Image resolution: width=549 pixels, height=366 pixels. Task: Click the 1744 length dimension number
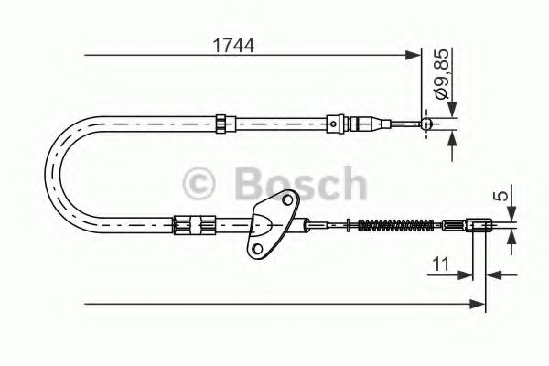click(233, 45)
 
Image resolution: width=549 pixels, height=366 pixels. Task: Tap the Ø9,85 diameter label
click(441, 75)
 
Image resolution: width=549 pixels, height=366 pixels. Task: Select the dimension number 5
click(502, 196)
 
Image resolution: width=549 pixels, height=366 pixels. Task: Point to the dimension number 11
click(441, 264)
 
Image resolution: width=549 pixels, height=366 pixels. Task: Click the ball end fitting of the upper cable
click(426, 124)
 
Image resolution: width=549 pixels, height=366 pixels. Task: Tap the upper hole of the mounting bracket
click(287, 200)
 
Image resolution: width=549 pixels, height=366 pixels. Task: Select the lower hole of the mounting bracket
click(257, 249)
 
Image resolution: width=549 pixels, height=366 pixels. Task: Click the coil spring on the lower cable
click(396, 225)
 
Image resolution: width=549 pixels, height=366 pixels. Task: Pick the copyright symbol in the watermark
click(199, 184)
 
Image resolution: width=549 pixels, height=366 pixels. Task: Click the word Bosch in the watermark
click(301, 184)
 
